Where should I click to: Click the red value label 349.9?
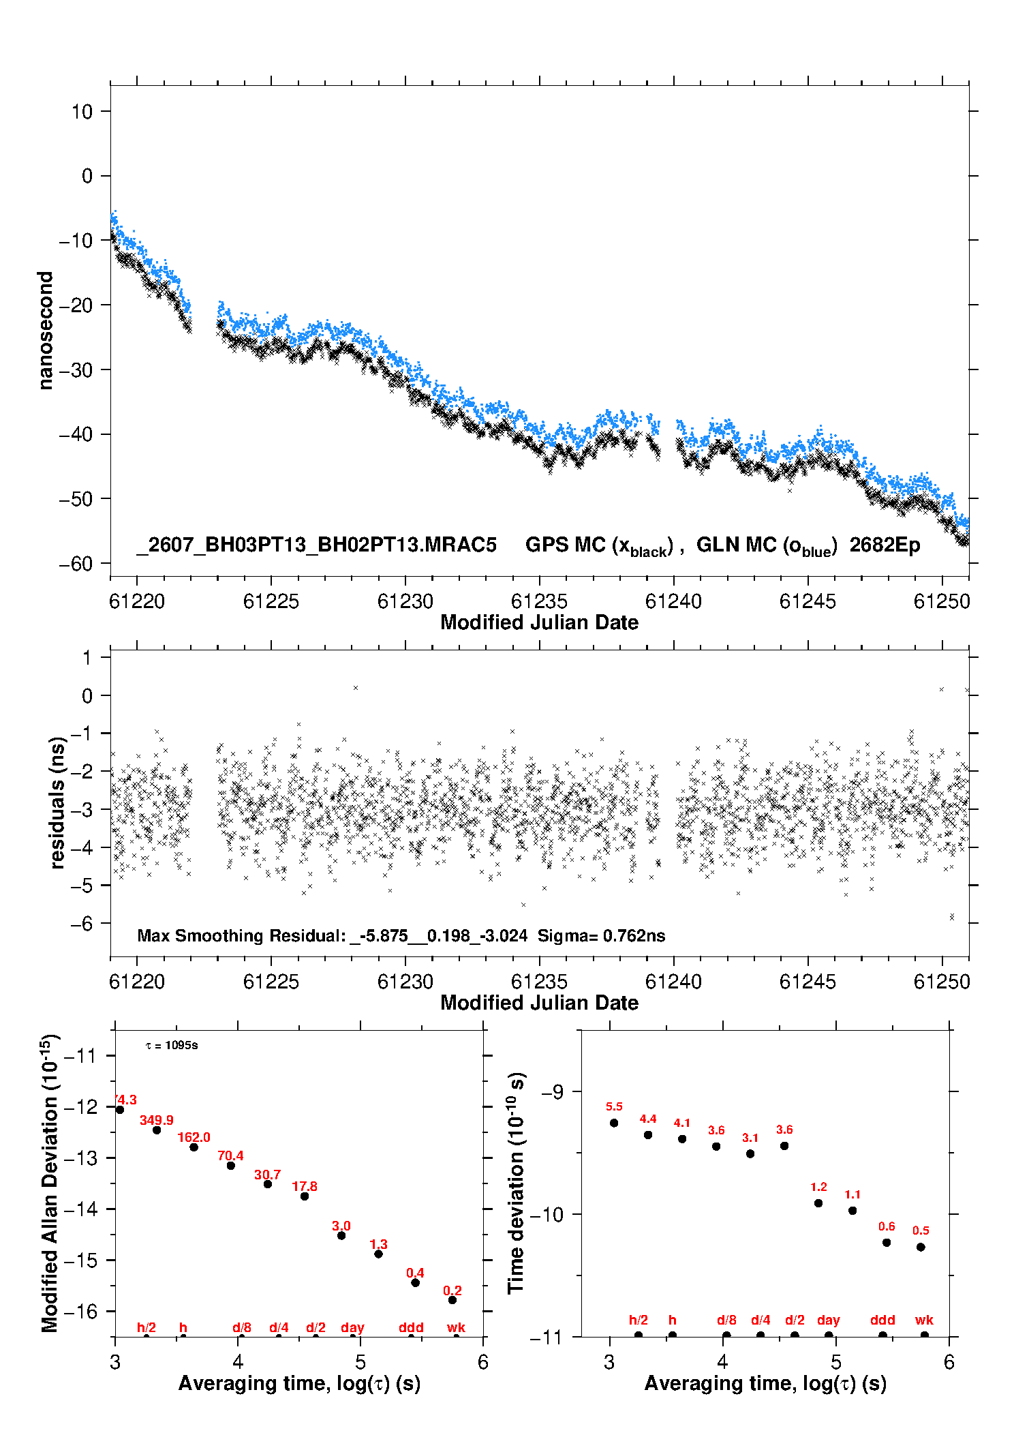tap(157, 1120)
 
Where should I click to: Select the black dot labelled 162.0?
tap(194, 1147)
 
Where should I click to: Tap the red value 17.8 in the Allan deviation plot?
tap(305, 1186)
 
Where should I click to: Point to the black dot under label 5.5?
tap(614, 1123)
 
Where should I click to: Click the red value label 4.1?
tap(682, 1123)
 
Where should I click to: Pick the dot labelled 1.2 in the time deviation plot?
tap(818, 1203)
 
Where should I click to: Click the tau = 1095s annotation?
tap(172, 1046)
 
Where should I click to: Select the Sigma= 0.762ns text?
tap(601, 935)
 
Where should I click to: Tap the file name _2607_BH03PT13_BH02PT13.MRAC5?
tap(316, 545)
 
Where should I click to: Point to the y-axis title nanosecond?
tap(45, 330)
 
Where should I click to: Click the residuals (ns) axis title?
tap(57, 802)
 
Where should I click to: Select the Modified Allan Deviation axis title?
tap(50, 1182)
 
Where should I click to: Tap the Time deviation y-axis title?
tap(516, 1183)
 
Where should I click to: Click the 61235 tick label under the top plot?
tap(539, 601)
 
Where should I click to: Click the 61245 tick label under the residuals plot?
tap(808, 982)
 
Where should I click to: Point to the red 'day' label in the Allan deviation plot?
tap(352, 1327)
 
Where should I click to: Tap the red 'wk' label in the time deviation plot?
tap(924, 1320)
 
